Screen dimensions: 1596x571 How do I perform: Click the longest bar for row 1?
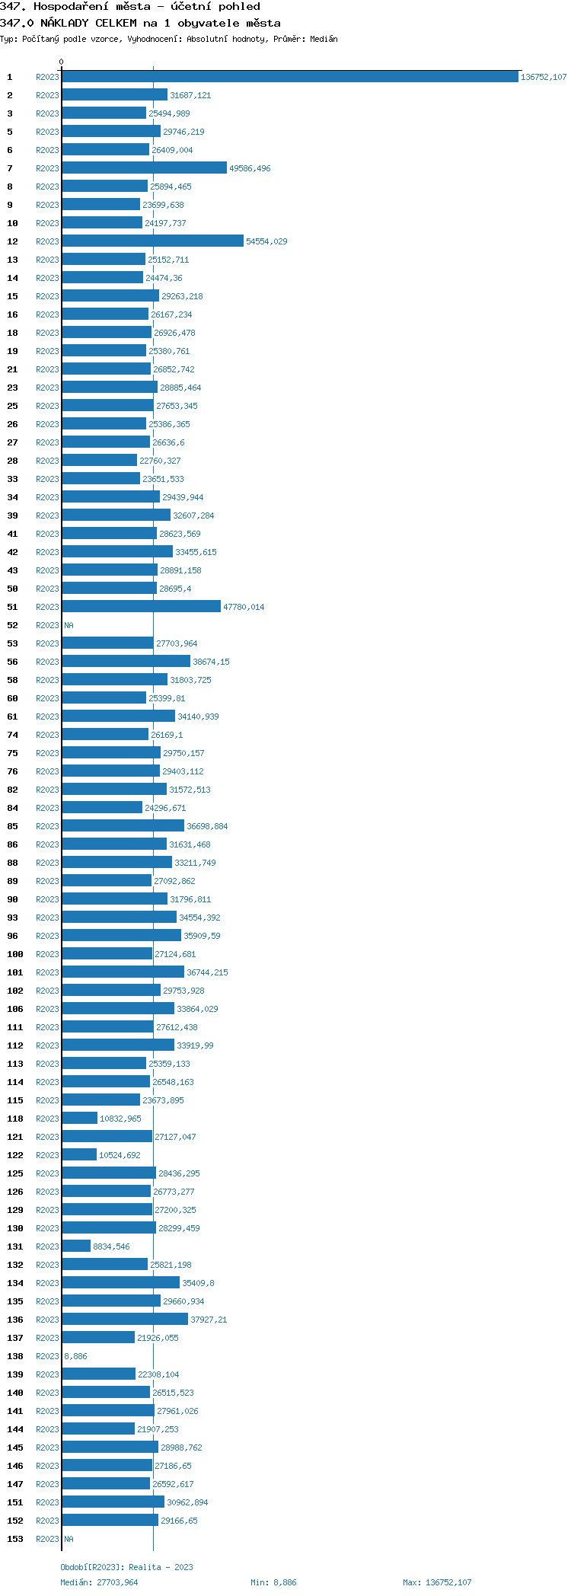[289, 77]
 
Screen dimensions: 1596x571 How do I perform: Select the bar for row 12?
[152, 241]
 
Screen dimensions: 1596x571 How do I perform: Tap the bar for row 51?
[141, 607]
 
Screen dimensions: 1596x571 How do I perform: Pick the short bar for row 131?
[76, 1246]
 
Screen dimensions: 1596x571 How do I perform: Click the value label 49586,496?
[250, 168]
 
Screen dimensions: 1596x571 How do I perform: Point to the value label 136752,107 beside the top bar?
[544, 77]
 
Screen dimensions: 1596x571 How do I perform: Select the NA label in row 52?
[69, 625]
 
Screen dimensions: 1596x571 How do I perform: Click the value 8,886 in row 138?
[75, 1356]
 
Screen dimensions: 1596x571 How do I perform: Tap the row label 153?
[15, 1539]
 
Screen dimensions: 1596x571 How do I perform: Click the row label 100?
[15, 954]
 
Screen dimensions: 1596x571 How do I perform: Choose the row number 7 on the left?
[10, 168]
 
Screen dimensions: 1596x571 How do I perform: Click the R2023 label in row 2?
[47, 95]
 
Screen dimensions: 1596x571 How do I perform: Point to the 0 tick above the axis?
[62, 62]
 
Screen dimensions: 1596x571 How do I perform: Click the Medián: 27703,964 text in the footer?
[99, 1582]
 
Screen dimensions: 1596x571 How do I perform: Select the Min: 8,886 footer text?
[273, 1582]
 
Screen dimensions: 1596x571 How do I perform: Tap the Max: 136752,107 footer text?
[437, 1582]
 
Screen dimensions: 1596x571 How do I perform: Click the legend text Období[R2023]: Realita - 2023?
[126, 1567]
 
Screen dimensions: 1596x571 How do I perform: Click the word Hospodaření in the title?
[65, 7]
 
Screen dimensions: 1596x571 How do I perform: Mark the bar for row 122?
[79, 1155]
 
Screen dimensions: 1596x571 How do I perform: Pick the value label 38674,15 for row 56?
[211, 662]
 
